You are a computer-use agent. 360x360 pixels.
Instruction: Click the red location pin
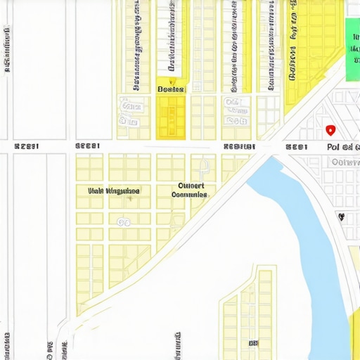click(x=330, y=130)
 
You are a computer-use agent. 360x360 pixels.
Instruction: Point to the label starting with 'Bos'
click(x=170, y=89)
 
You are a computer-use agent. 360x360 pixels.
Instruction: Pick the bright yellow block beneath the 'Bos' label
click(x=170, y=116)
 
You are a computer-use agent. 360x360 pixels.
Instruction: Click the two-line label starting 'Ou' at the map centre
click(x=189, y=189)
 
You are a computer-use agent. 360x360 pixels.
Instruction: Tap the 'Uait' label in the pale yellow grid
click(x=113, y=191)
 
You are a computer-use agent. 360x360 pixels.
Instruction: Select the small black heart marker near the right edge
click(x=342, y=217)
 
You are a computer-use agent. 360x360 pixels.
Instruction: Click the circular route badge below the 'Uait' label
click(x=124, y=222)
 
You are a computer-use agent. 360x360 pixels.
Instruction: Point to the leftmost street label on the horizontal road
click(x=26, y=146)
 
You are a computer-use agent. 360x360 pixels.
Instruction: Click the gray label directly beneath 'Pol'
click(x=345, y=162)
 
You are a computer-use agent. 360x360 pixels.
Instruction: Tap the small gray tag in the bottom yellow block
click(x=252, y=342)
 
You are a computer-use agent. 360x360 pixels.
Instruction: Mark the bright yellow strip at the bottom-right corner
click(x=354, y=337)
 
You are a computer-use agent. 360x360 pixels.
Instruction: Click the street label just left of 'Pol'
click(x=296, y=147)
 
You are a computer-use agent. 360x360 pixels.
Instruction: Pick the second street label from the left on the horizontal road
click(x=88, y=146)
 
